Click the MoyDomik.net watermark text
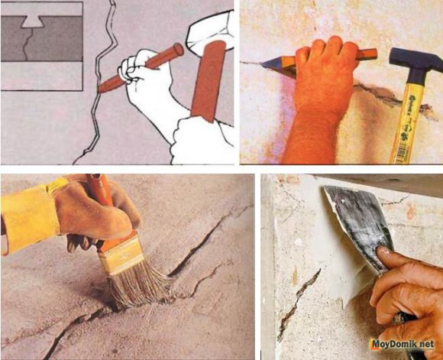(x=403, y=344)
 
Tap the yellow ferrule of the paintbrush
(x=122, y=254)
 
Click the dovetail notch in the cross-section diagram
(x=33, y=21)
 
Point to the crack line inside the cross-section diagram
(x=27, y=44)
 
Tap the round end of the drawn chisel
(x=178, y=50)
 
